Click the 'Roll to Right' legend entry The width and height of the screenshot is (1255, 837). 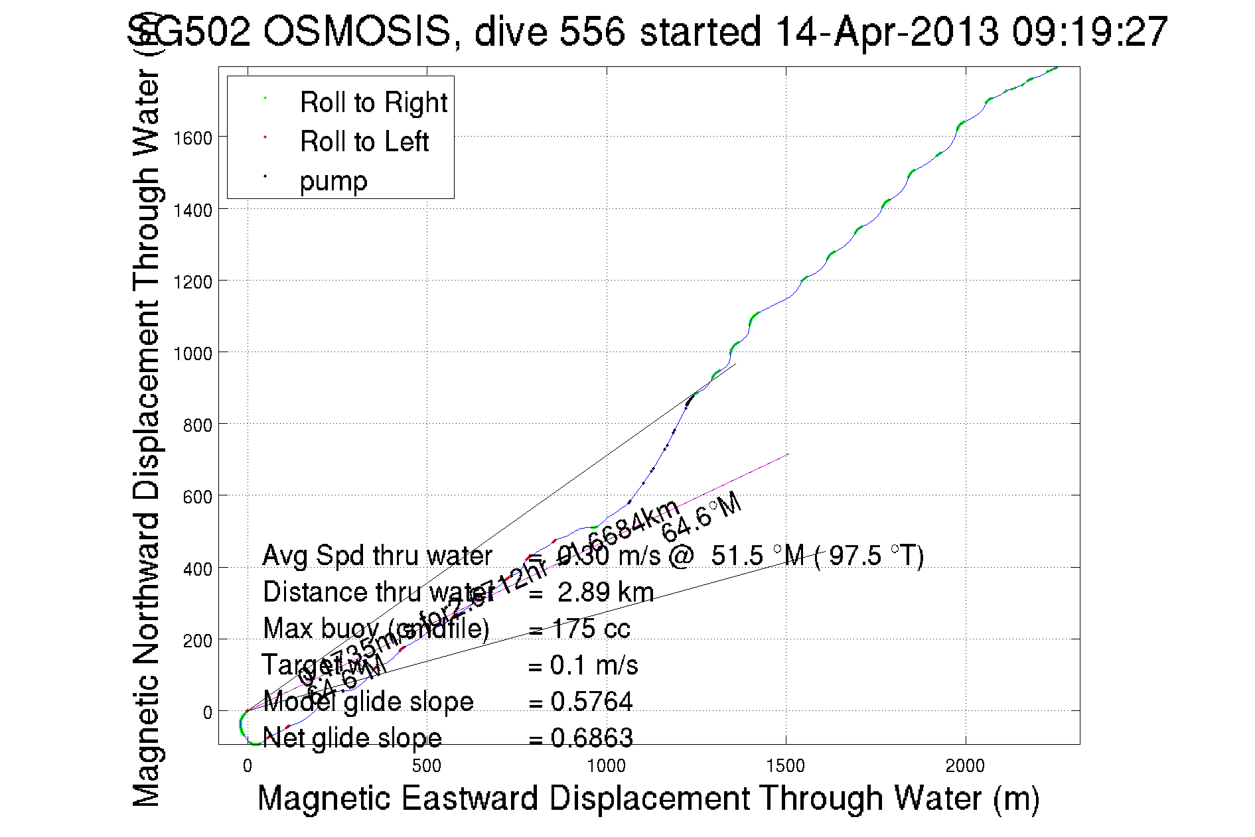pos(373,103)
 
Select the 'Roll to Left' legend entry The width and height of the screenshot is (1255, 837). pos(364,142)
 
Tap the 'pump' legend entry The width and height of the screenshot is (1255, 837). pos(333,181)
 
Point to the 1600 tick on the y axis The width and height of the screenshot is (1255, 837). pos(192,138)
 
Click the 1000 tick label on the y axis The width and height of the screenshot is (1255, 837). pos(192,354)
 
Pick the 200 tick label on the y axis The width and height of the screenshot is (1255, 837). pos(197,641)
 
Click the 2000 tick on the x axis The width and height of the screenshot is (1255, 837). pos(965,766)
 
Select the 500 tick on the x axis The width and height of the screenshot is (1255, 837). pos(427,766)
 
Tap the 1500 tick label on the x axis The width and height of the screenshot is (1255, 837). pos(786,766)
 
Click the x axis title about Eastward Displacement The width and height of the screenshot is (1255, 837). pos(648,798)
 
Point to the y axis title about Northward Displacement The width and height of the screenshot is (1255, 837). pos(147,438)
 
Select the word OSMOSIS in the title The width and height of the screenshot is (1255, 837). pos(357,31)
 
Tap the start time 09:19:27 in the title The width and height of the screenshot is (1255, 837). pos(1090,31)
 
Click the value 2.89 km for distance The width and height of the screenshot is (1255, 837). pos(605,592)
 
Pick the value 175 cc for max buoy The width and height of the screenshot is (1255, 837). pos(591,629)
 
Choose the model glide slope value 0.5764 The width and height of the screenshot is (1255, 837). pos(591,702)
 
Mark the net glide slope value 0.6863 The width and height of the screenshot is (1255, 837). pos(591,738)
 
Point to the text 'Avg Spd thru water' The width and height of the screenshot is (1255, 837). pos(377,556)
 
